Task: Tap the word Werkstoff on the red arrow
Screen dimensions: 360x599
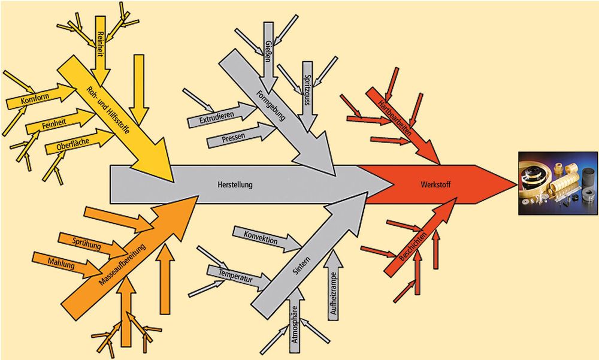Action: coord(431,184)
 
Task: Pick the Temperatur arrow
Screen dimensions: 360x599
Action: coord(235,276)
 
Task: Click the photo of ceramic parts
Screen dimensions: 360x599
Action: coord(557,183)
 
